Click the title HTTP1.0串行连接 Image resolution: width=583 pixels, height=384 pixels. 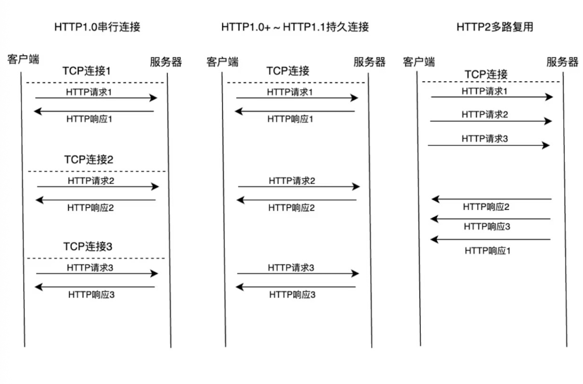point(97,27)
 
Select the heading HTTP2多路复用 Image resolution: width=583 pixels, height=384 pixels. point(495,27)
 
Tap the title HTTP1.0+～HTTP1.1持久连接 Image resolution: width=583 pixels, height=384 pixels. point(295,27)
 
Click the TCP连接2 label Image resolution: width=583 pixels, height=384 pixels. point(88,160)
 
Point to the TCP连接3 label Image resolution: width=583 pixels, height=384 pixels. point(88,246)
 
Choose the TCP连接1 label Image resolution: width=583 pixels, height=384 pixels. point(87,71)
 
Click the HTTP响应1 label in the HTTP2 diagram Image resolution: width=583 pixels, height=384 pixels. point(487,251)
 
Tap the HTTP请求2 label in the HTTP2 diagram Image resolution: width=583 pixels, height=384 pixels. point(485,115)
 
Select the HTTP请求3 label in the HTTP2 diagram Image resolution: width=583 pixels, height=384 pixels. point(485,139)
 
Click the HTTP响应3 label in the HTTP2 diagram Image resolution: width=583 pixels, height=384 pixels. point(487,226)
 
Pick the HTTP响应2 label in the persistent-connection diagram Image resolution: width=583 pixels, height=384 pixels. point(291,208)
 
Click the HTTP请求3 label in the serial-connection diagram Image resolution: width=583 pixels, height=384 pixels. point(90,268)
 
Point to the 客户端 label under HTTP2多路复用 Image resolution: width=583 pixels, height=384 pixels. point(418,61)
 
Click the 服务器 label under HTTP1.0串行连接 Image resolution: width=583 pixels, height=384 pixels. point(166,61)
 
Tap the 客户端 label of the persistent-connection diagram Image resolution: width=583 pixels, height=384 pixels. point(223,61)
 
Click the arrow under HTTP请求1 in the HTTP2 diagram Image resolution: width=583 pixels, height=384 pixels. point(492,97)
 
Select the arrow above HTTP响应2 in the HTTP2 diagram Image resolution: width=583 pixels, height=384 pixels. point(491,200)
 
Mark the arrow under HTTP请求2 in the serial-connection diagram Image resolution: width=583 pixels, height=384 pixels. point(98,187)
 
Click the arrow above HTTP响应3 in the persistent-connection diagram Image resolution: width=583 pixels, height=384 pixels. point(295,287)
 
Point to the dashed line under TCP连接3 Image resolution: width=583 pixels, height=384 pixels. point(96,258)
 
